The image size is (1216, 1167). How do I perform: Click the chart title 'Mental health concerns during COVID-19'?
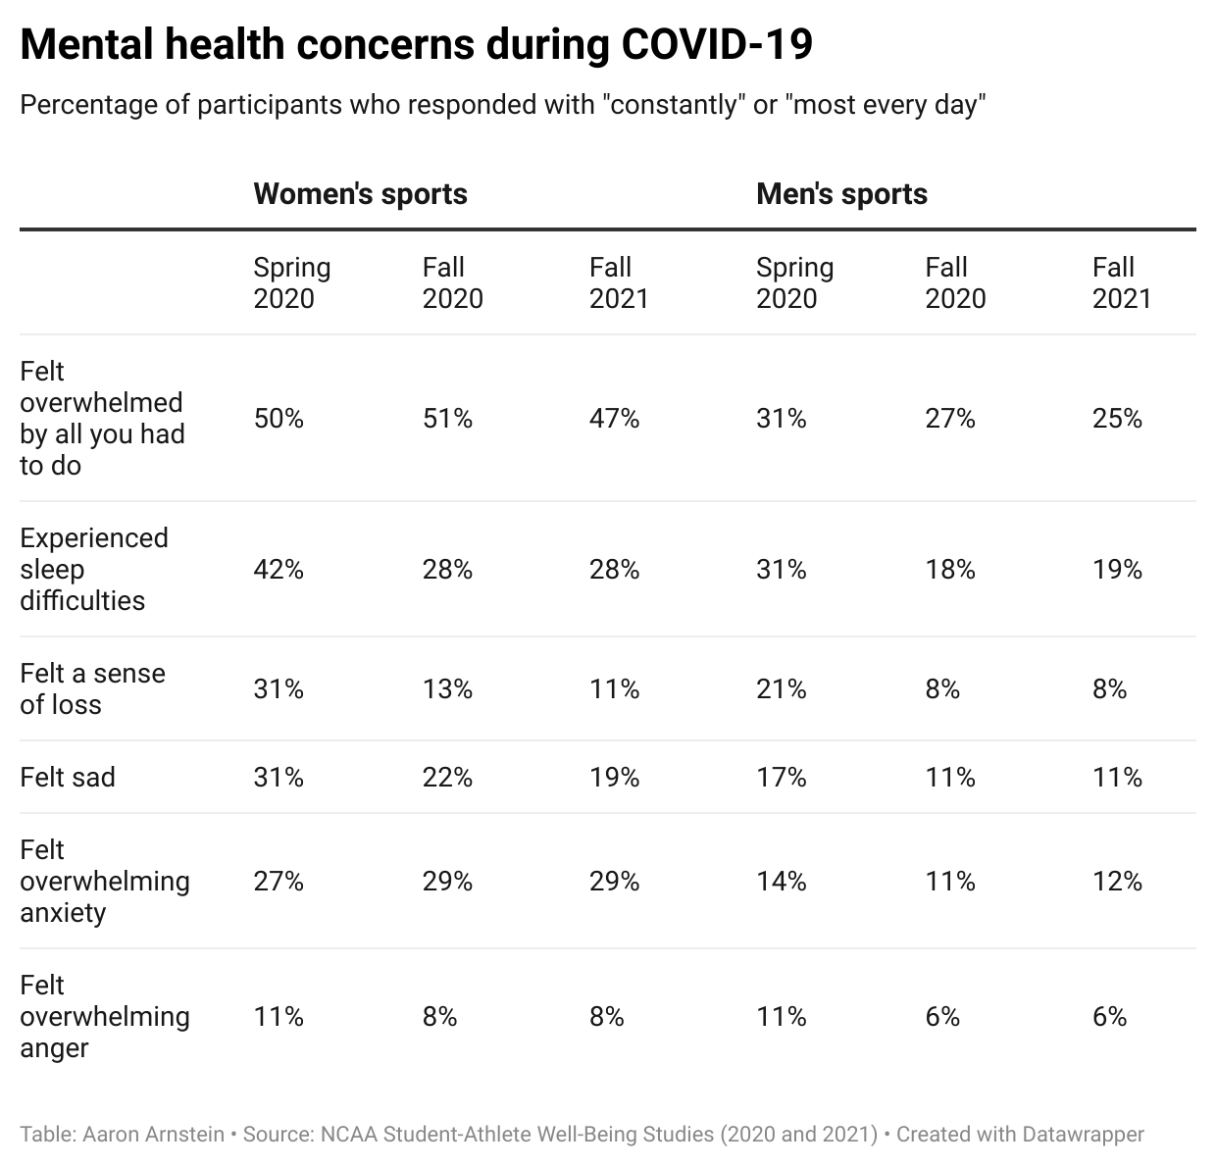coord(416,45)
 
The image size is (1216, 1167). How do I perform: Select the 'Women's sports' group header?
coord(360,193)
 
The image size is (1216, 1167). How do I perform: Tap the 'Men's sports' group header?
coord(841,193)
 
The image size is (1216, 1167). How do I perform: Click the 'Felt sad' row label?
coord(68,777)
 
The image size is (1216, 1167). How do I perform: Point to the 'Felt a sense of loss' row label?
coord(92,688)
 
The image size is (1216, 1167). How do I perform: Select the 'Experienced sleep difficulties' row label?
coord(94,569)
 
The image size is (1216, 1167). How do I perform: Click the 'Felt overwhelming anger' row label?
coord(104,1016)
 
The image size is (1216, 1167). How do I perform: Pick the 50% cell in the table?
coord(279,419)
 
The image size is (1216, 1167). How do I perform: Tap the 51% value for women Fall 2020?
coord(447,419)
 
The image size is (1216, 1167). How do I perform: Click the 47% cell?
coord(614,419)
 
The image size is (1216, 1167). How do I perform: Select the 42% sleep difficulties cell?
coord(279,569)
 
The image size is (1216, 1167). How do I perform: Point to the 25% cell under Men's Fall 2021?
coord(1117,419)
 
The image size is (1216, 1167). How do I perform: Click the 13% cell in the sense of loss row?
coord(447,688)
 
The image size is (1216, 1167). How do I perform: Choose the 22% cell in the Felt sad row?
coord(447,777)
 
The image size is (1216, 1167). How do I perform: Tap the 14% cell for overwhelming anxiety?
coord(781,881)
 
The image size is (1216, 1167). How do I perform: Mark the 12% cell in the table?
coord(1117,881)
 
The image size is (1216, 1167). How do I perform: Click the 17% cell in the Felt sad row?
coord(781,777)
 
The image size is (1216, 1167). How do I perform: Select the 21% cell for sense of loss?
coord(781,688)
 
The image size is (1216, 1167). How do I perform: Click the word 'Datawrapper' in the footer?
coord(1083,1135)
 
